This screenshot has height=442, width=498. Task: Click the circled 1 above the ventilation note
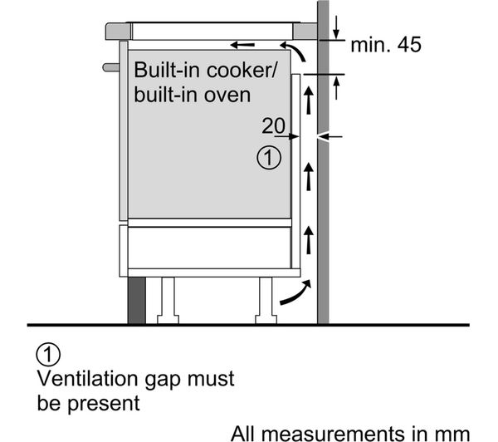click(48, 356)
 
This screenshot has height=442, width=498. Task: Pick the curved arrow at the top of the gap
click(304, 55)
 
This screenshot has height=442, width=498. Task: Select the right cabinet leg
click(266, 299)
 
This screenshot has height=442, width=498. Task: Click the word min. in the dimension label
click(366, 45)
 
